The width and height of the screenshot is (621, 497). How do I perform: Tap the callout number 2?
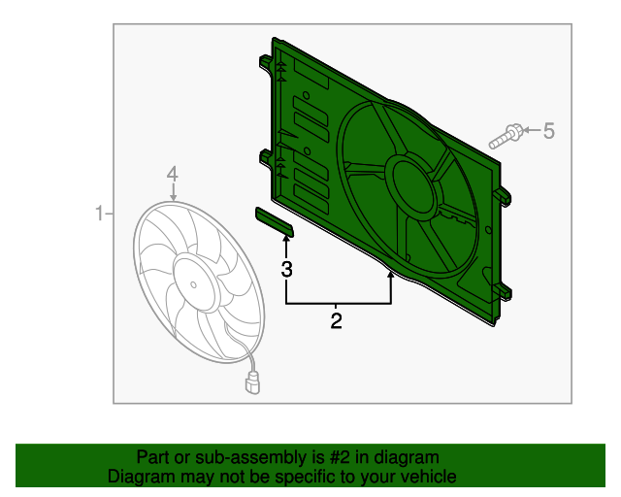click(x=337, y=320)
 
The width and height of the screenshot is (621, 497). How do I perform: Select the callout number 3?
click(x=286, y=269)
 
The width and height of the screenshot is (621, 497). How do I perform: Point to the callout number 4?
click(x=172, y=175)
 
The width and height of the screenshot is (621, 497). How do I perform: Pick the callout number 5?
click(x=548, y=130)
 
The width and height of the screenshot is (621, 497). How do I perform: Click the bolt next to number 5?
click(x=507, y=135)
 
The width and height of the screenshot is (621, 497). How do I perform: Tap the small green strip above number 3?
click(x=274, y=221)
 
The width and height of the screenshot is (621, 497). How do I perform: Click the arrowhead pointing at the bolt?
click(x=529, y=130)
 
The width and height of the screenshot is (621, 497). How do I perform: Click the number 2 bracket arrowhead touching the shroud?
click(x=391, y=277)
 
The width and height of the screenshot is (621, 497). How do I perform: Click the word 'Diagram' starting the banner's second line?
click(x=144, y=477)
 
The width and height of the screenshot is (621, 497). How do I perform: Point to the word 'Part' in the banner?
click(x=153, y=457)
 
